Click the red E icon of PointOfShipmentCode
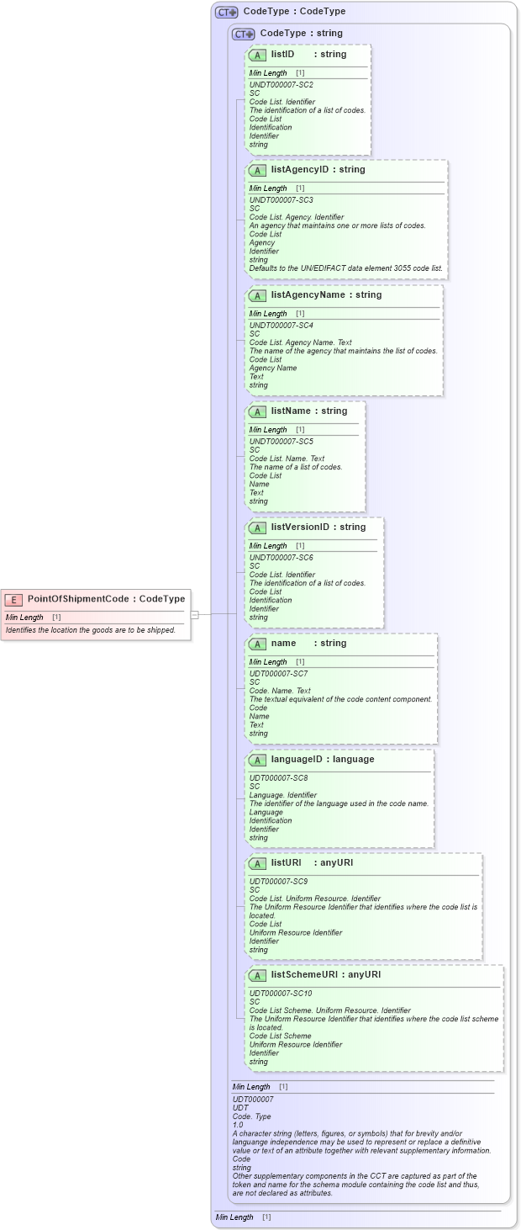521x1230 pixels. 14,599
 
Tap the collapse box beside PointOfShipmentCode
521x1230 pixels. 194,614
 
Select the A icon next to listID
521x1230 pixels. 258,55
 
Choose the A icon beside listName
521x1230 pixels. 258,411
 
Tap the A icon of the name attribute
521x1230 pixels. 258,644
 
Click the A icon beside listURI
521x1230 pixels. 258,863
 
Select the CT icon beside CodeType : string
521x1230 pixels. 244,34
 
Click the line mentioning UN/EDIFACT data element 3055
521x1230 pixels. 347,268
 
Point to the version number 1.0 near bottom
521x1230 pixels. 238,1125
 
